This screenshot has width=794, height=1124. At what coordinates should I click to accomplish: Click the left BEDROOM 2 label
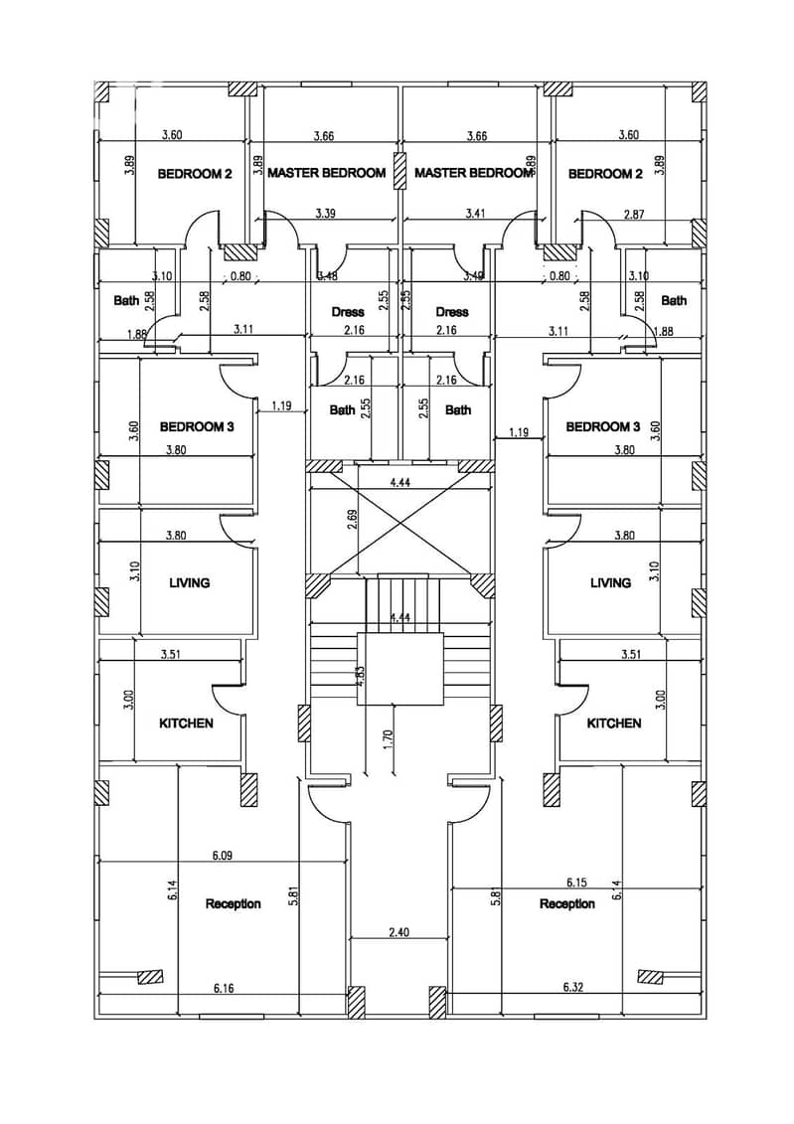pos(194,174)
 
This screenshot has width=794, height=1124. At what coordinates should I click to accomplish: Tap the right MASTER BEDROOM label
pos(474,173)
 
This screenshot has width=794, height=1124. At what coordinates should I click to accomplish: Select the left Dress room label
pos(348,312)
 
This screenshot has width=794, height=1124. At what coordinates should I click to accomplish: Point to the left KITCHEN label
pos(186,723)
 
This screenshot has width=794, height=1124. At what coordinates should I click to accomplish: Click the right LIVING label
pos(610,582)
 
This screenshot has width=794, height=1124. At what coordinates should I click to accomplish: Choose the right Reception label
pos(566,904)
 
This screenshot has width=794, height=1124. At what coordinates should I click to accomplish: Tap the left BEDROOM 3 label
pos(197,426)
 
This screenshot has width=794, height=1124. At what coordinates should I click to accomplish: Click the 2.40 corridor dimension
pos(398,932)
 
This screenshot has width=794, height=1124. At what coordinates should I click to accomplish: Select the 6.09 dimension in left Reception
pos(223,856)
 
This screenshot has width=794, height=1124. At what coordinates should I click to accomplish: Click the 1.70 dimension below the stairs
pos(388,737)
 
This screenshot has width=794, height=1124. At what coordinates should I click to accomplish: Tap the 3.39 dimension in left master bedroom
pos(325,213)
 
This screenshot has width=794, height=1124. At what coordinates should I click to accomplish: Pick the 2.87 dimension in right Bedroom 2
pos(633,214)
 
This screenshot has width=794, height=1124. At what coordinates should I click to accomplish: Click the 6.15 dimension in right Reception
pos(576,883)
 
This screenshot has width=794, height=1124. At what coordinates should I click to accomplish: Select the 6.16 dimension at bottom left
pos(224,989)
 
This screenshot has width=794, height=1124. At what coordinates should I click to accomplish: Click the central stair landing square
pos(399,668)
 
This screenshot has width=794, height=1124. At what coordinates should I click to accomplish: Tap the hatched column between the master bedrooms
pos(399,171)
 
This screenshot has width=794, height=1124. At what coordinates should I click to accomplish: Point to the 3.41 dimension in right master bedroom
pos(475,213)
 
